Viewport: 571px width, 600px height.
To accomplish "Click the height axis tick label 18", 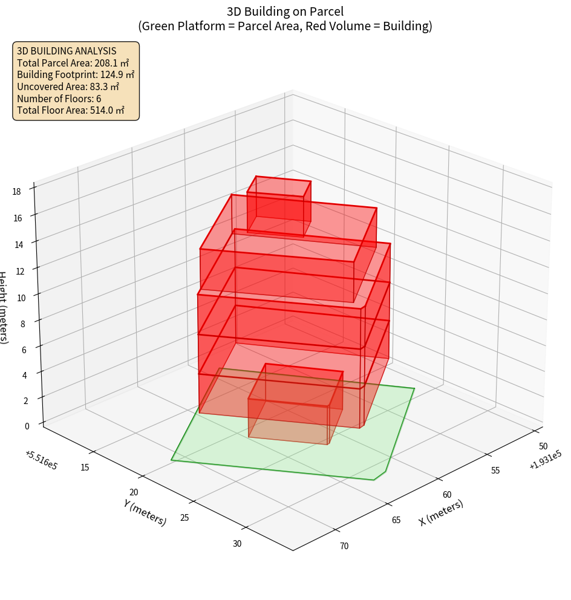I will point(16,192).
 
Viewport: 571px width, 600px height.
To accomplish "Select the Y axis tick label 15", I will point(84,467).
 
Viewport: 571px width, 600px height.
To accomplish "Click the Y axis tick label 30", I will point(237,544).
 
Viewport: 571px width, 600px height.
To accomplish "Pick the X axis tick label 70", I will point(344,546).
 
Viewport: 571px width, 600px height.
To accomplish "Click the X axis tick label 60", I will point(447,495).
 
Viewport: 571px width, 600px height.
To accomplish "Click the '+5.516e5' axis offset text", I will point(41,460).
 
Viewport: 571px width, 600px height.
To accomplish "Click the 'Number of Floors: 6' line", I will point(59,99).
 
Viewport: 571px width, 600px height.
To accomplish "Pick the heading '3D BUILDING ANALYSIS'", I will point(67,51).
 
